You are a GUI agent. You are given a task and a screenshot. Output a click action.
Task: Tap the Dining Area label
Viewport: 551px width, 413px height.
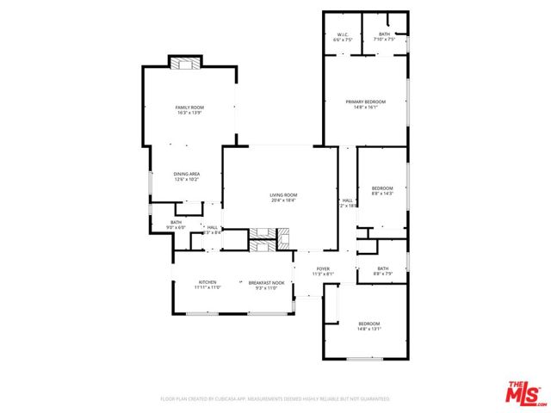(x=187, y=174)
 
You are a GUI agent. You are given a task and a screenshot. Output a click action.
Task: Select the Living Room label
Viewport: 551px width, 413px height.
(x=283, y=195)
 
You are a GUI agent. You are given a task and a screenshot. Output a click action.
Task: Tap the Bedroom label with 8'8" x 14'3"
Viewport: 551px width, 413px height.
(x=381, y=188)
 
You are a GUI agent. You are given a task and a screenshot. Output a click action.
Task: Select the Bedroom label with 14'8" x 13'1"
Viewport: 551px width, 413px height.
(x=368, y=324)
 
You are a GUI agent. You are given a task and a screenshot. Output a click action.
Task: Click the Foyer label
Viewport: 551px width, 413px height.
(x=323, y=269)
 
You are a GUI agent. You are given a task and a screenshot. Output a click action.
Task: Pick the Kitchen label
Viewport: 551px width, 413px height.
(x=207, y=282)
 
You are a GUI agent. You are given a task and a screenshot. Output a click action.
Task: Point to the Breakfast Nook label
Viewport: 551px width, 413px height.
(x=265, y=282)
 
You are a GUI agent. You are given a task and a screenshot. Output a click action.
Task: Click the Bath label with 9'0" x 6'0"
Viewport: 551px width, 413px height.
(x=176, y=223)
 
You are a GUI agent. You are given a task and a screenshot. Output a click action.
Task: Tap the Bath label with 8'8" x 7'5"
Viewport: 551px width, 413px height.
(x=382, y=268)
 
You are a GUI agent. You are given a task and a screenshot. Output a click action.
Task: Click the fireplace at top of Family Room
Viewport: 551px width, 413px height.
(x=184, y=64)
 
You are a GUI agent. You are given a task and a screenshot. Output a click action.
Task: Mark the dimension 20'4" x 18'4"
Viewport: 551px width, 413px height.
(x=283, y=200)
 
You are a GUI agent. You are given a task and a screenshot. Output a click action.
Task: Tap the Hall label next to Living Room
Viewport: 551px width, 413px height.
(x=347, y=200)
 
